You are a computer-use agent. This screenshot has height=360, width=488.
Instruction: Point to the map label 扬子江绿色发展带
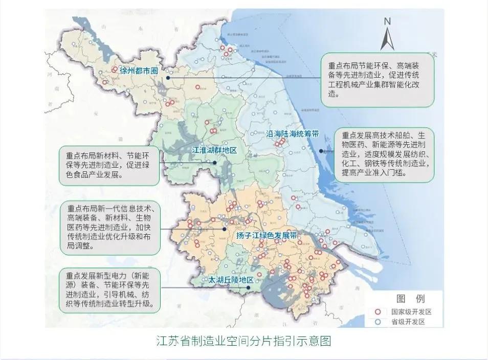point(267,236)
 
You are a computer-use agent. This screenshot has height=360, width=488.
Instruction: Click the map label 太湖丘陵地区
point(231,280)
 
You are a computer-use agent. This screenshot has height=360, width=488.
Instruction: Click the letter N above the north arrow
point(388,21)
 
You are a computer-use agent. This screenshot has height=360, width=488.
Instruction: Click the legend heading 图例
point(411,299)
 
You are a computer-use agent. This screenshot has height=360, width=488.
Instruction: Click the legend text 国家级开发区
point(408,311)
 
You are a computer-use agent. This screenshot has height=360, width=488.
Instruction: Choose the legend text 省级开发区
point(405,322)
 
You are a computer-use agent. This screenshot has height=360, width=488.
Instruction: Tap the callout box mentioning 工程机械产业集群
point(378,80)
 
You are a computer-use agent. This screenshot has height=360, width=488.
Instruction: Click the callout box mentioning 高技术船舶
point(384,154)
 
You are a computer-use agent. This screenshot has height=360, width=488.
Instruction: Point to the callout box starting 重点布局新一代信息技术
point(109,227)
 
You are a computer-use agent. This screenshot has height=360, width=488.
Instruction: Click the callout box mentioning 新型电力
point(109,289)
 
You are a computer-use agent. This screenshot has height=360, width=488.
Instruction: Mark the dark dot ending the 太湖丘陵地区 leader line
point(248,288)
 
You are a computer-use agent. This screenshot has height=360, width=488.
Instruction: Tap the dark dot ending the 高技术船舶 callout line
point(321,151)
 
